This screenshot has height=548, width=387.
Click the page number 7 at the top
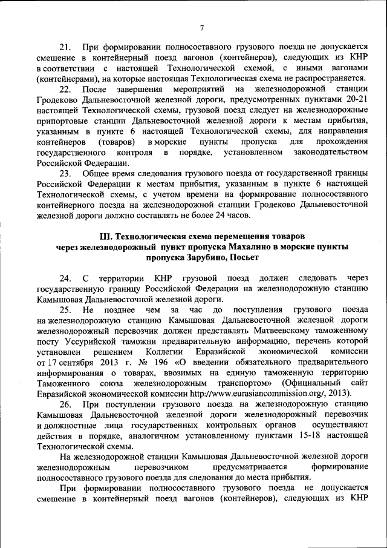(203, 27)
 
